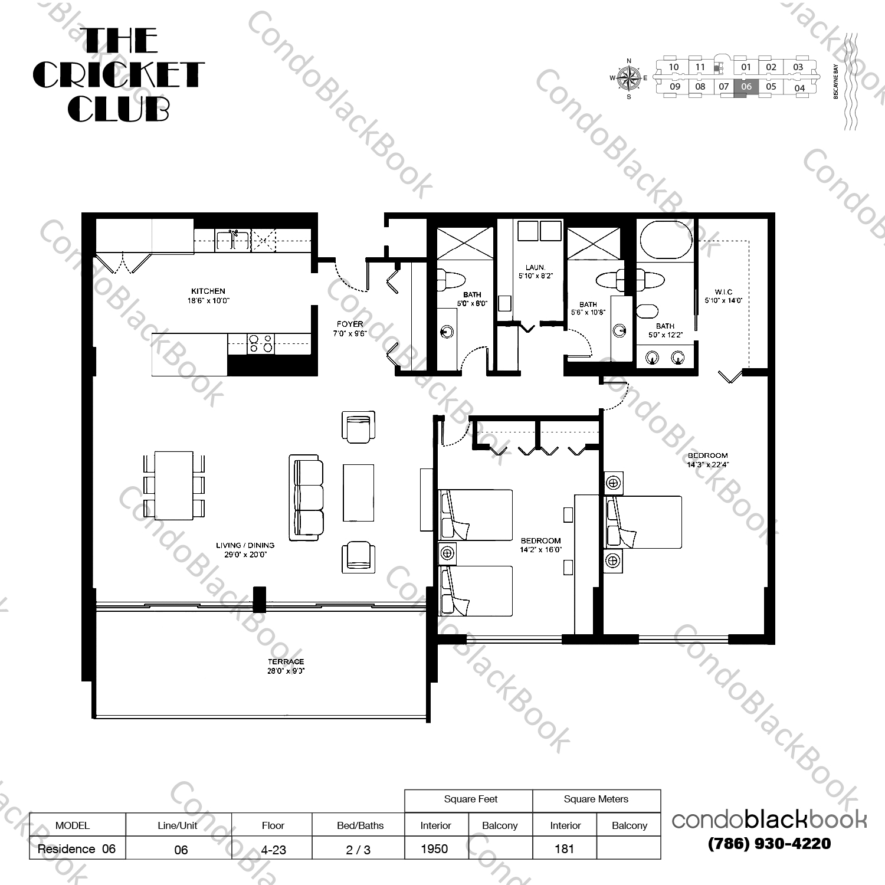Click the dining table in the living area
[x=174, y=485]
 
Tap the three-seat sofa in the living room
[x=306, y=497]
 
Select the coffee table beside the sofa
[x=358, y=493]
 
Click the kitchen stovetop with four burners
[x=260, y=343]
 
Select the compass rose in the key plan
[x=628, y=78]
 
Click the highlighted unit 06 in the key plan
[x=746, y=87]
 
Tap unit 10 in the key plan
[x=673, y=67]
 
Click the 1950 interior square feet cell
[x=435, y=848]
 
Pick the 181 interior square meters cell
[x=564, y=848]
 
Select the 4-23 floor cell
[x=273, y=850]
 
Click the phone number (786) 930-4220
[x=769, y=844]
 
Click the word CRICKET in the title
[x=118, y=75]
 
